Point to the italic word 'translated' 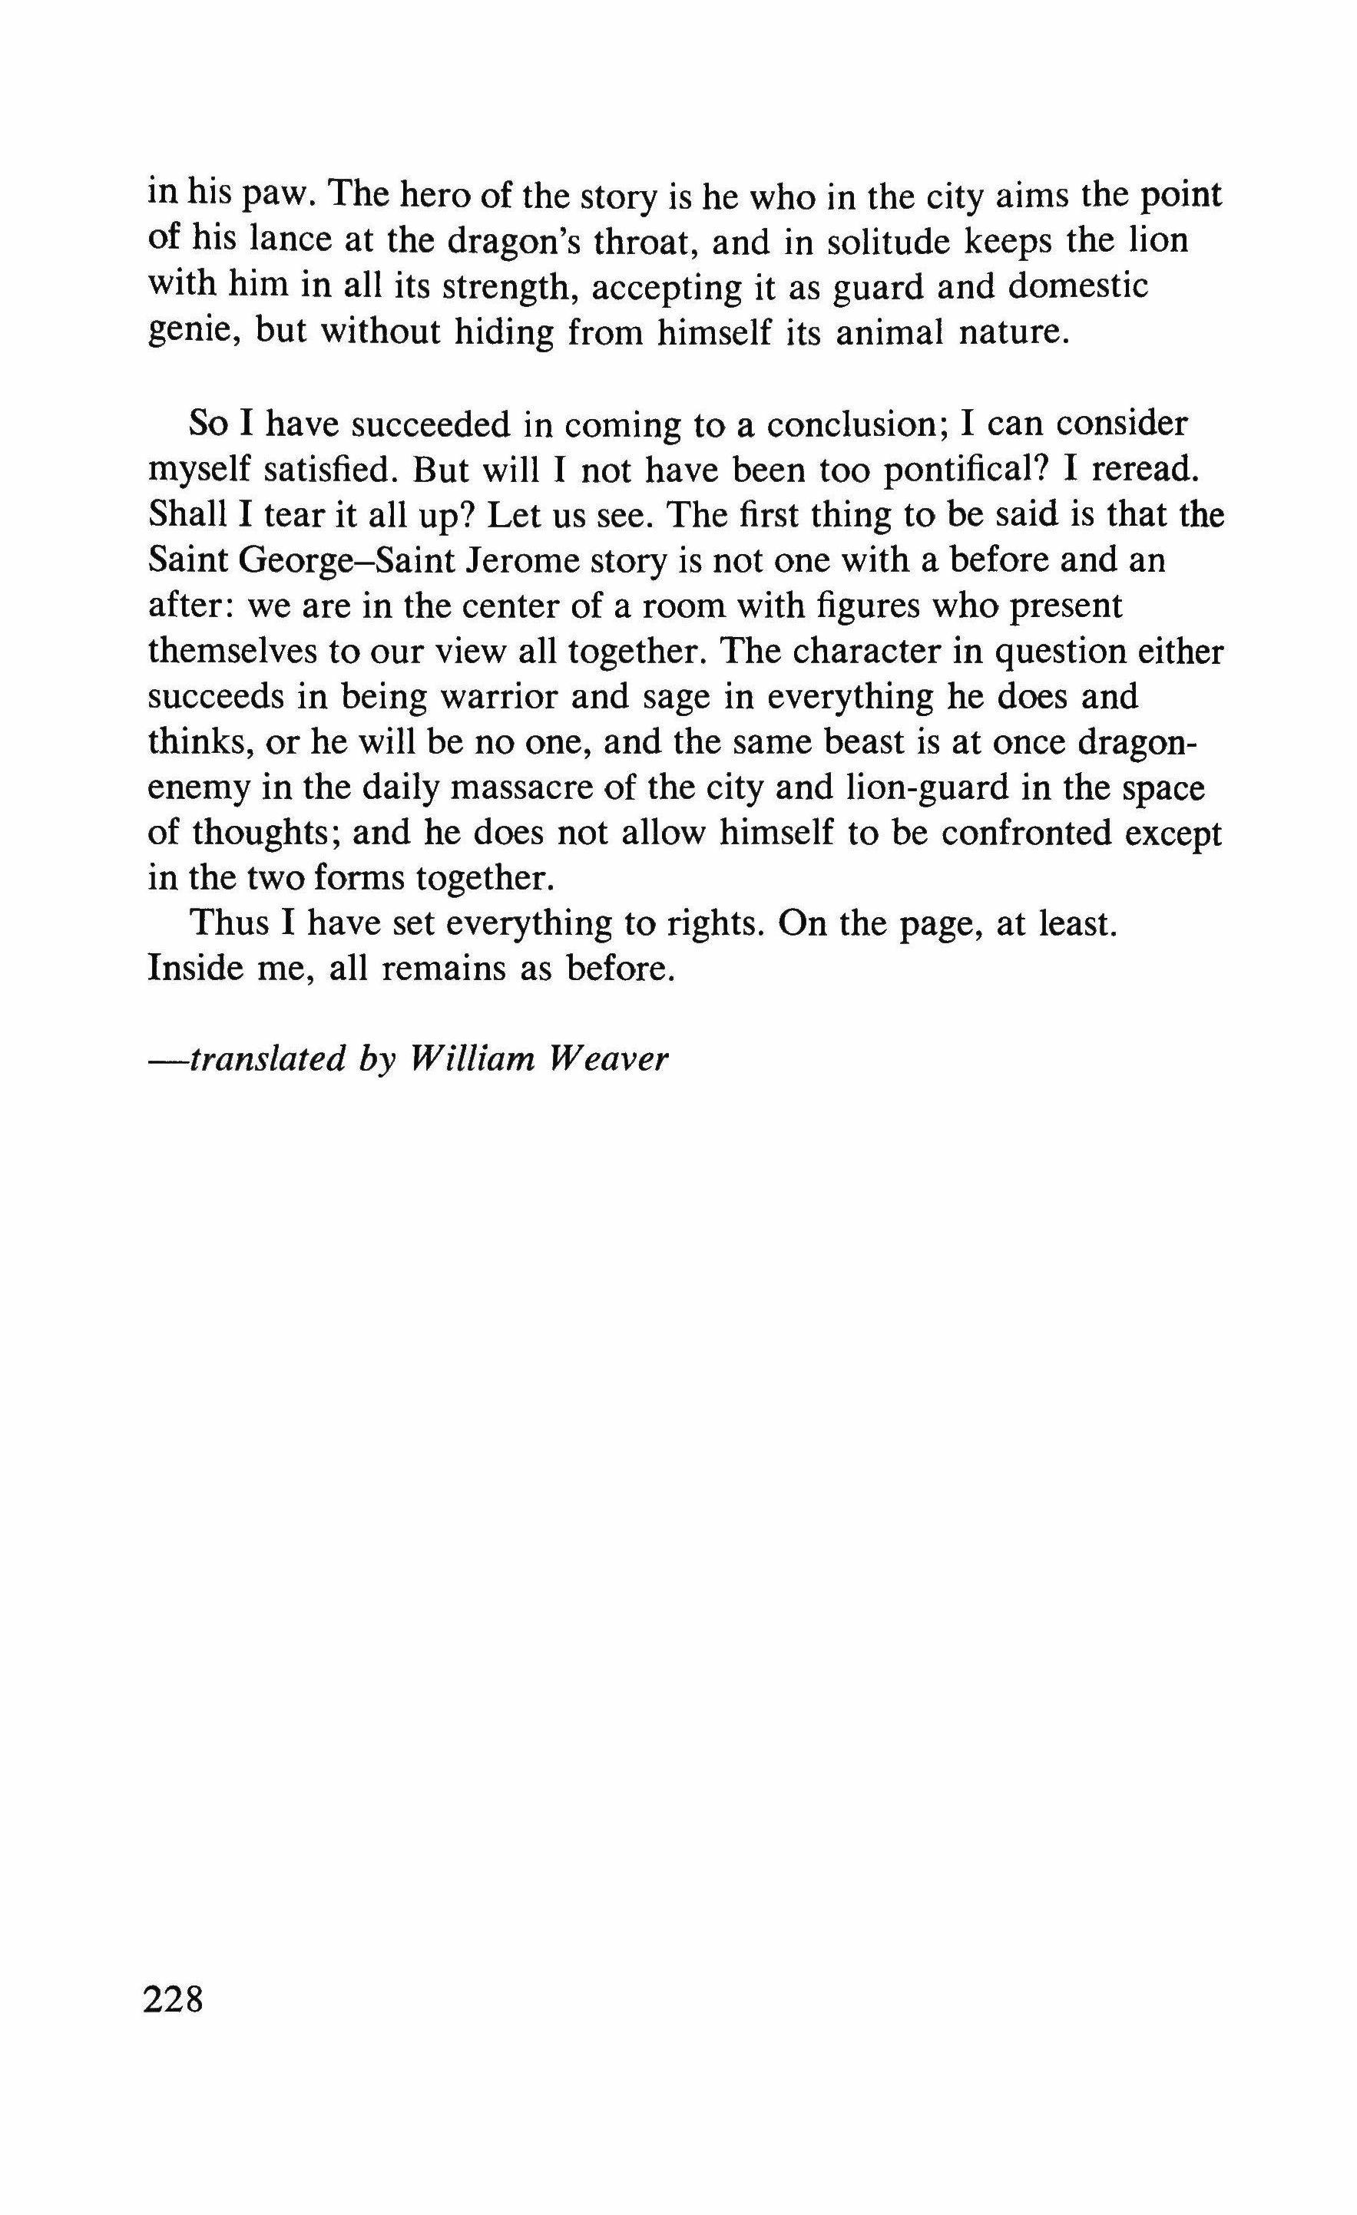[x=267, y=1059]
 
